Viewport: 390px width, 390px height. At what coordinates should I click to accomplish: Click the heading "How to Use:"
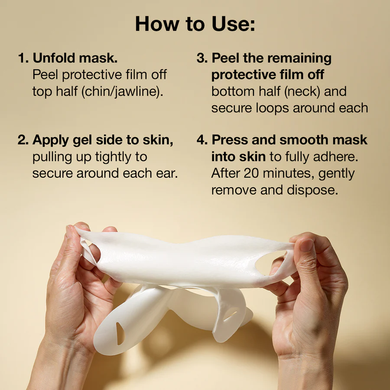click(x=195, y=24)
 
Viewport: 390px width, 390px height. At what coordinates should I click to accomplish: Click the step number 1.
click(x=23, y=58)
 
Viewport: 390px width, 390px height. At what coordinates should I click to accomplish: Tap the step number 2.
click(x=23, y=140)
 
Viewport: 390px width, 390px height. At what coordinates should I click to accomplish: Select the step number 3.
click(x=202, y=58)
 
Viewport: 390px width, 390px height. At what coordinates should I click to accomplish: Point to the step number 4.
click(x=202, y=140)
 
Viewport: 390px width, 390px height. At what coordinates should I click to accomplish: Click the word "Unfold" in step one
click(x=54, y=58)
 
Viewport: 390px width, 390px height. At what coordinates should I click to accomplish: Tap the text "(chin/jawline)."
click(x=122, y=91)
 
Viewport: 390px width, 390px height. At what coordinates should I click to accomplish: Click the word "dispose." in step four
click(x=312, y=191)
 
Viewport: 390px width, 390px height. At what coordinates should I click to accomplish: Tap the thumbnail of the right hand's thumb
click(x=307, y=245)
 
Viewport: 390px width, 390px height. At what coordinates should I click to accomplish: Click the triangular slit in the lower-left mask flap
click(x=120, y=333)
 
